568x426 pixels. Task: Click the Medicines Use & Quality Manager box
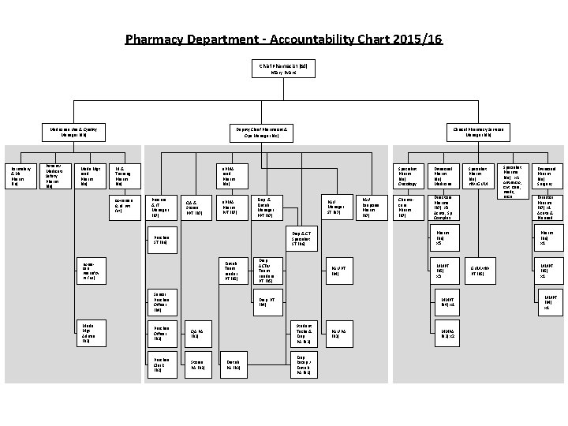(x=74, y=131)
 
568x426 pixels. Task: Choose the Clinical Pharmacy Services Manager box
(x=479, y=131)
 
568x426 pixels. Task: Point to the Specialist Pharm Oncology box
(x=408, y=175)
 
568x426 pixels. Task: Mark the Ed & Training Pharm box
(x=122, y=175)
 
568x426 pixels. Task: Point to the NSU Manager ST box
(x=334, y=207)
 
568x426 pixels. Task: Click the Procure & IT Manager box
(x=160, y=207)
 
